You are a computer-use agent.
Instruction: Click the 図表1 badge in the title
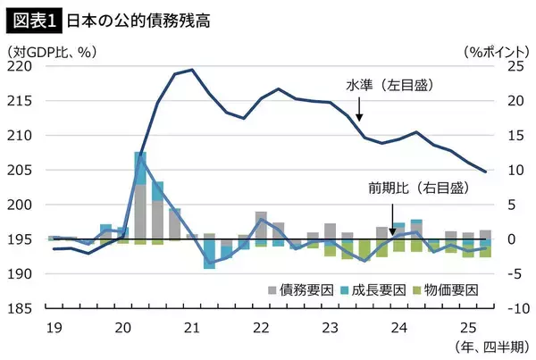coord(30,17)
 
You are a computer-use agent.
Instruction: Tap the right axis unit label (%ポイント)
coord(493,52)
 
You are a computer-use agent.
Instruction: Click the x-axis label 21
coord(191,326)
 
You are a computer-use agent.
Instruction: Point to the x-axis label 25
coord(466,326)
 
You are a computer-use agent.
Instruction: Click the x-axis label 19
coord(54,326)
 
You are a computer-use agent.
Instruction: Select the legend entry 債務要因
coord(299,289)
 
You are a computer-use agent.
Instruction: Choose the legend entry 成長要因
coord(373,289)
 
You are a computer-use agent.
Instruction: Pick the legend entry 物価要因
coord(446,289)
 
